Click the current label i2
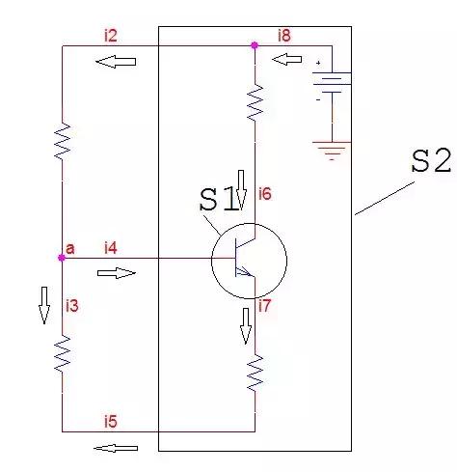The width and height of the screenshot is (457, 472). click(111, 36)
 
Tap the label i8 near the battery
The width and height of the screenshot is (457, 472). click(284, 35)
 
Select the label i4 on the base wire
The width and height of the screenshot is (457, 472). click(111, 248)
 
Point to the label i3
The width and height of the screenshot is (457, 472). click(72, 305)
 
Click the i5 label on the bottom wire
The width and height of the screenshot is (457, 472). click(111, 422)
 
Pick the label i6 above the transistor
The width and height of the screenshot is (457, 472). click(265, 194)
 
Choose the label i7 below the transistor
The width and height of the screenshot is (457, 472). click(265, 305)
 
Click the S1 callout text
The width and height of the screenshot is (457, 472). click(219, 200)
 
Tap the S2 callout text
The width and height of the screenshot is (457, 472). click(431, 161)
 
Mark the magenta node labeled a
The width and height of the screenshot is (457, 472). click(62, 258)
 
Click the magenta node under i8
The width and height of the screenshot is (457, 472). click(255, 45)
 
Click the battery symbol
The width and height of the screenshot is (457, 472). click(332, 82)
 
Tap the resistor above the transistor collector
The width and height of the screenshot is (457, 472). click(255, 103)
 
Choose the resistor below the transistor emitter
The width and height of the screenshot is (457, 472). click(255, 374)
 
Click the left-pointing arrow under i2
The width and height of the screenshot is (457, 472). click(116, 62)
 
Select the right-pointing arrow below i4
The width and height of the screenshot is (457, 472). click(117, 273)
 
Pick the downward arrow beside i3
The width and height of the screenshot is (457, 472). click(44, 305)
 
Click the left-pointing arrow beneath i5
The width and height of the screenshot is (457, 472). click(116, 448)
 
